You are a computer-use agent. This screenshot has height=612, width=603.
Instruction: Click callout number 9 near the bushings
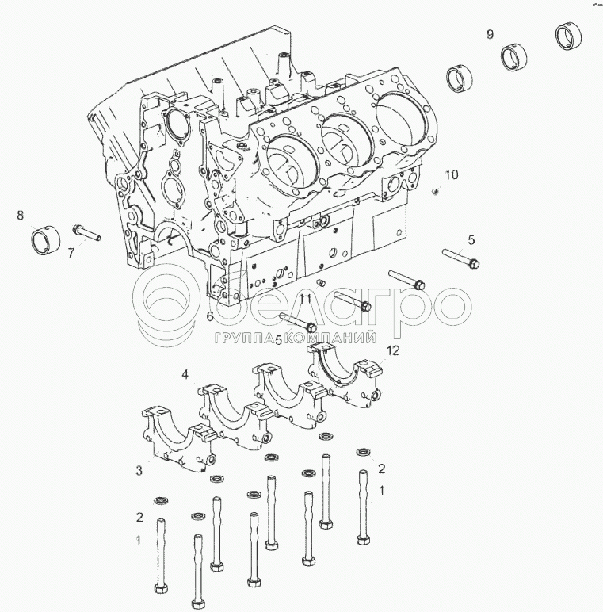[490, 34]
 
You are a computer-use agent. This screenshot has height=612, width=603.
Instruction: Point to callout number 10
[452, 174]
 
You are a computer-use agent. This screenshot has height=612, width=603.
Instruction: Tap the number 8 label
[21, 215]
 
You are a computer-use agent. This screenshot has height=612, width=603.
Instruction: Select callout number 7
[71, 254]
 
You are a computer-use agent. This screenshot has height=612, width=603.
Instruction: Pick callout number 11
[305, 300]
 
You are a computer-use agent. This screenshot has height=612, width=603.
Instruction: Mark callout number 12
[393, 350]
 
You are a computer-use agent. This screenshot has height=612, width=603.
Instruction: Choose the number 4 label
[185, 375]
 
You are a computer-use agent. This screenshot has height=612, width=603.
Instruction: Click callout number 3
[139, 470]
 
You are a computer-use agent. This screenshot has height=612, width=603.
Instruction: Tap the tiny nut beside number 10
[434, 191]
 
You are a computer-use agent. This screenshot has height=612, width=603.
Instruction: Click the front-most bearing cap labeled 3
[177, 439]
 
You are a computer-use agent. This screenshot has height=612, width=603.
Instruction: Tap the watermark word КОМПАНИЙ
[330, 337]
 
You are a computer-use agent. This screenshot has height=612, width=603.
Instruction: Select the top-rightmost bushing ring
[568, 36]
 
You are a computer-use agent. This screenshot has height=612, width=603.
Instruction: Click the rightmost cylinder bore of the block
[401, 120]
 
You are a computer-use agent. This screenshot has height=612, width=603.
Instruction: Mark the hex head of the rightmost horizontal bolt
[475, 264]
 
